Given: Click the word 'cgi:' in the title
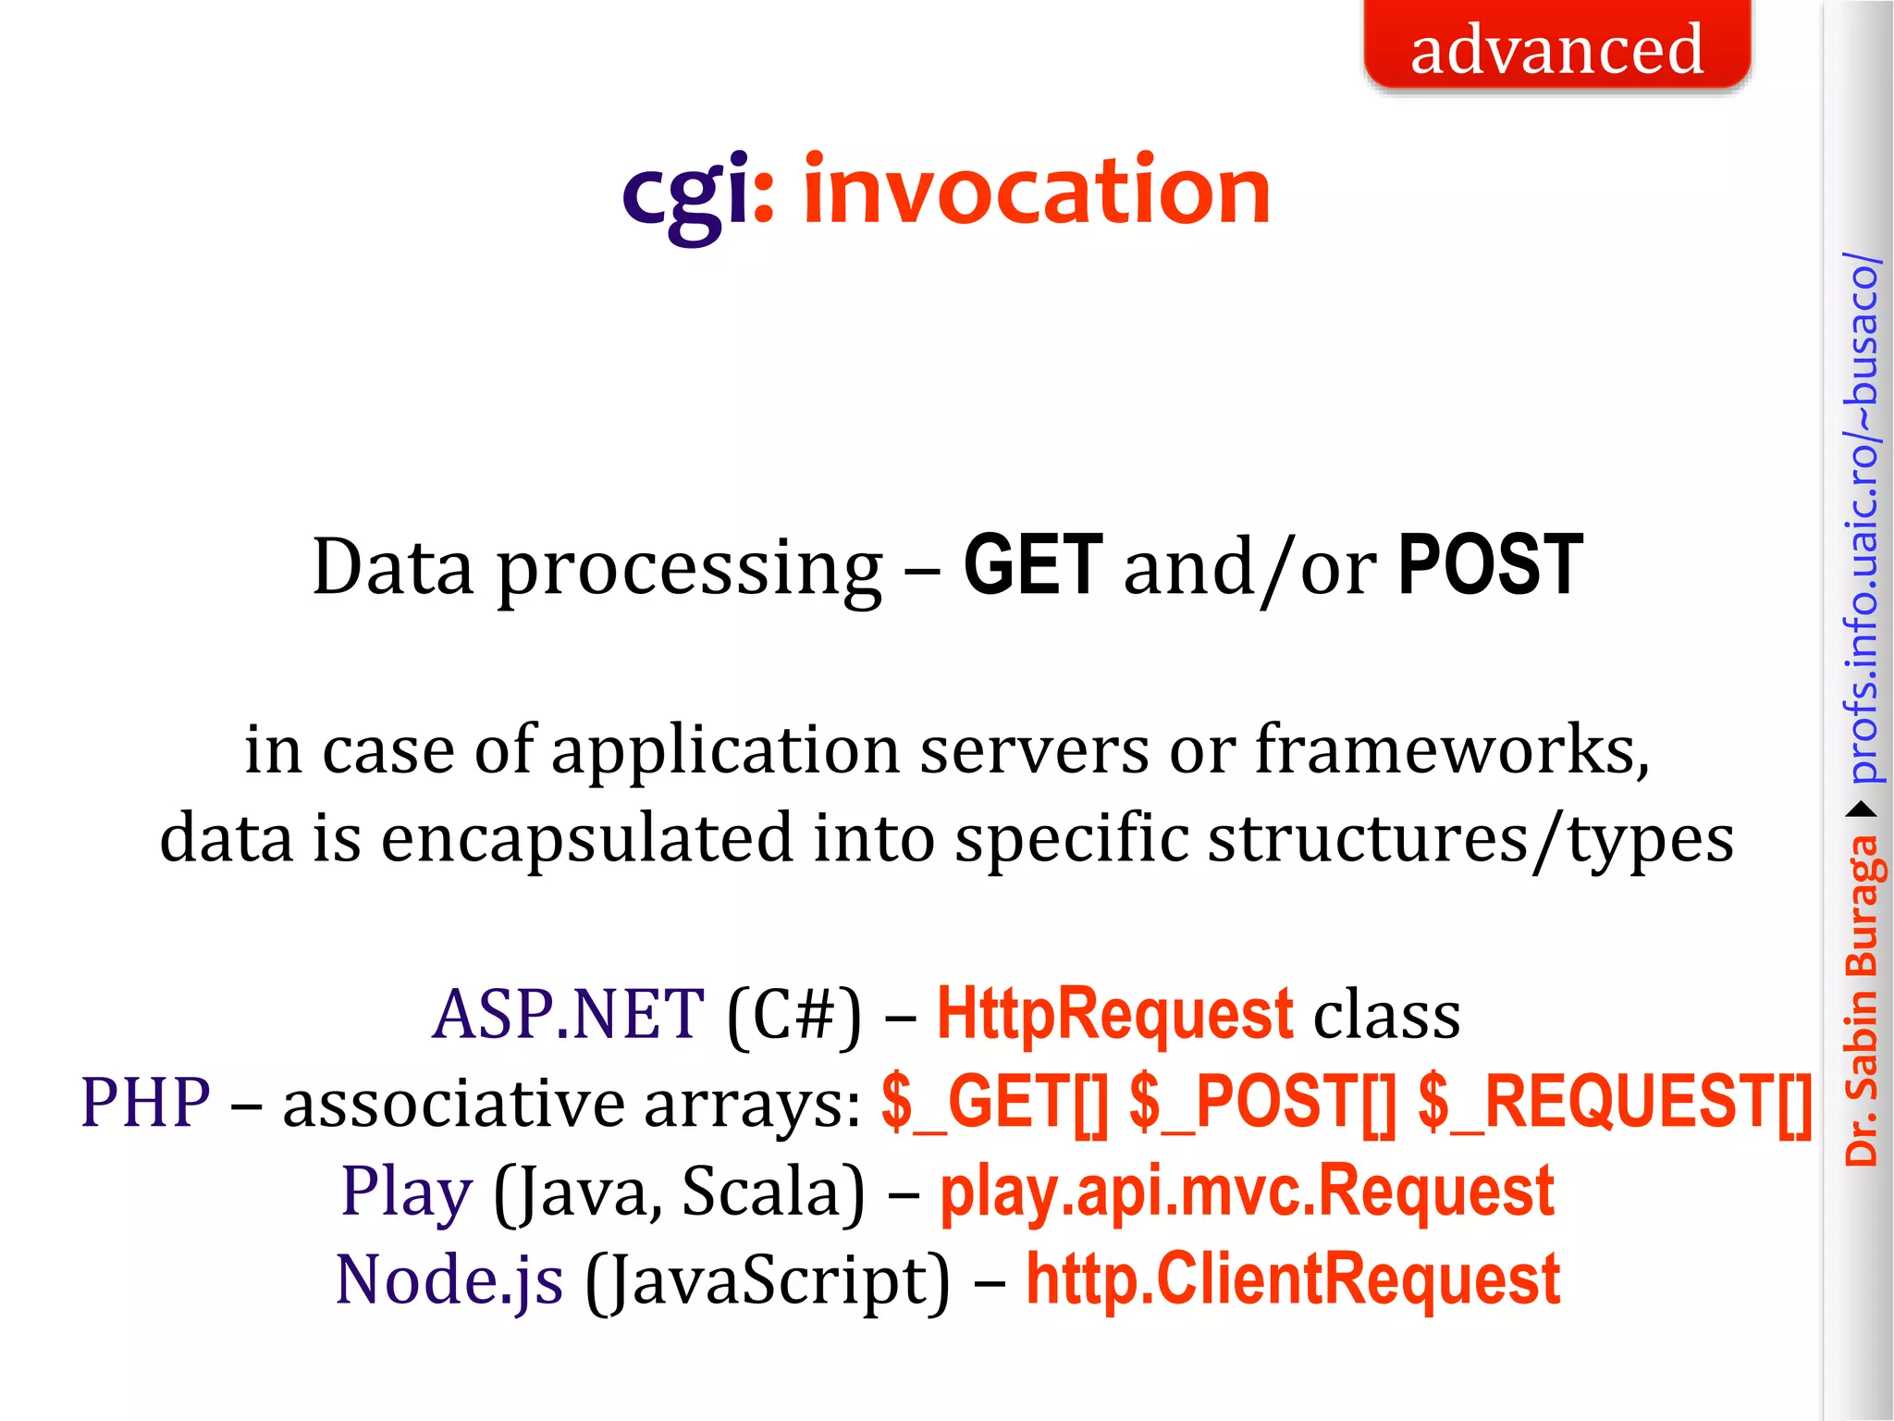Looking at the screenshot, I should pyautogui.click(x=698, y=192).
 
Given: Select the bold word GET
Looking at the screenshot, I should pyautogui.click(x=1033, y=565).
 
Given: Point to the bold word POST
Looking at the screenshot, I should pyautogui.click(x=1490, y=565).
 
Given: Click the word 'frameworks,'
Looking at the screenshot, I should pyautogui.click(x=1452, y=749).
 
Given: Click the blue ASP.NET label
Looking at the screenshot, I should pyautogui.click(x=568, y=1015).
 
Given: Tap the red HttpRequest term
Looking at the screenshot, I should pyautogui.click(x=1114, y=1015).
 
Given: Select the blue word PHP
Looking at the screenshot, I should pyautogui.click(x=145, y=1103).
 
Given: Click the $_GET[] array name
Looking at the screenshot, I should pyautogui.click(x=994, y=1103).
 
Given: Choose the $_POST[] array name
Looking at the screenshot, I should pyautogui.click(x=1262, y=1103).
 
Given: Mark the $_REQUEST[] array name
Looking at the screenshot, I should pyautogui.click(x=1614, y=1103).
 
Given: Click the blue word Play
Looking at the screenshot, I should pyautogui.click(x=407, y=1192).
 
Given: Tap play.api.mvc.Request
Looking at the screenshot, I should pyautogui.click(x=1246, y=1192).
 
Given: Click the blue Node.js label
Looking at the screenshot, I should pyautogui.click(x=449, y=1280).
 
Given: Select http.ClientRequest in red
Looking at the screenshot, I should pyautogui.click(x=1293, y=1280).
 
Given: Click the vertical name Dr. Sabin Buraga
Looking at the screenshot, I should pyautogui.click(x=1861, y=999).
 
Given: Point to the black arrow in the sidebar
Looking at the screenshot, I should pyautogui.click(x=1862, y=810).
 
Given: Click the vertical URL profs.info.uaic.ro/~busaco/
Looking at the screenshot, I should pyautogui.click(x=1862, y=518).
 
